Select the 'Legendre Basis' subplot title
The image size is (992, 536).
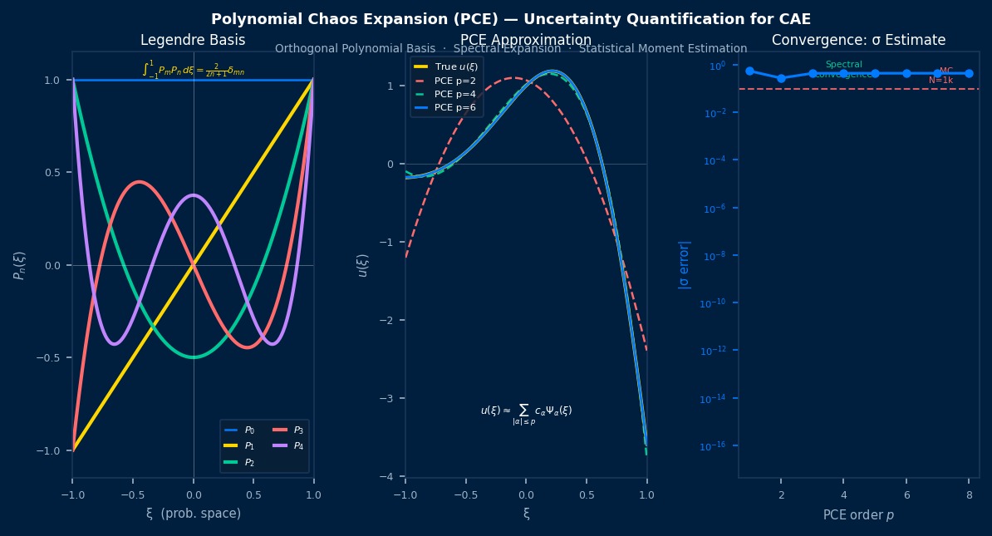(x=193, y=40)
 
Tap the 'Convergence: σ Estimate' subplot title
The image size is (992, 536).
(x=858, y=40)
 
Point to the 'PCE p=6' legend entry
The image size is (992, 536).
(x=455, y=107)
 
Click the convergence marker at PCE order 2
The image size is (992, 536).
(x=781, y=78)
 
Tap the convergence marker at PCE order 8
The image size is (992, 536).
(x=969, y=73)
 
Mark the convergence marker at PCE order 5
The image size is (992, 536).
(x=875, y=73)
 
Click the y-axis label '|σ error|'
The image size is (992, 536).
(x=685, y=264)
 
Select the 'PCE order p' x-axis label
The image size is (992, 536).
(x=858, y=515)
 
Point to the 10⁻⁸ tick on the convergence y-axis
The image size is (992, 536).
(x=715, y=256)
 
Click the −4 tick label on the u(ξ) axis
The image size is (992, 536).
(x=388, y=476)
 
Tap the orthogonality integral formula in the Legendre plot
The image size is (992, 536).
(x=194, y=70)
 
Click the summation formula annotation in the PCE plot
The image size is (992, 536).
(x=526, y=412)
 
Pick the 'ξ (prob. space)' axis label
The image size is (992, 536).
(x=193, y=514)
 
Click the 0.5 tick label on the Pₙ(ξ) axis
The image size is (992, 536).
(x=52, y=173)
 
